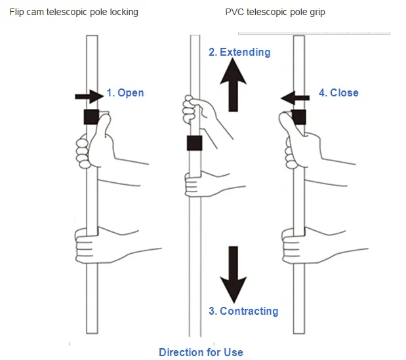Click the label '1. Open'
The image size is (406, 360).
pyautogui.click(x=125, y=93)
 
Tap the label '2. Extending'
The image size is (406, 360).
pyautogui.click(x=239, y=52)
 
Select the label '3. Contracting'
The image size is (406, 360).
pyautogui.click(x=243, y=311)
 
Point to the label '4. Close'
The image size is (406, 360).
pyautogui.click(x=338, y=93)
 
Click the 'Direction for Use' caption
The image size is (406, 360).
pyautogui.click(x=201, y=352)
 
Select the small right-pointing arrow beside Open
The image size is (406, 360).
pyautogui.click(x=89, y=96)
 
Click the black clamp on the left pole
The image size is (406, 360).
pyautogui.click(x=91, y=117)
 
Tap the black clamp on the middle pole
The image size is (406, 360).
pyautogui.click(x=194, y=143)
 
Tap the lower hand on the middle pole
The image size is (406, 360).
pyautogui.click(x=199, y=184)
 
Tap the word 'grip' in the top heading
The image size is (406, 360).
pyautogui.click(x=334, y=12)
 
